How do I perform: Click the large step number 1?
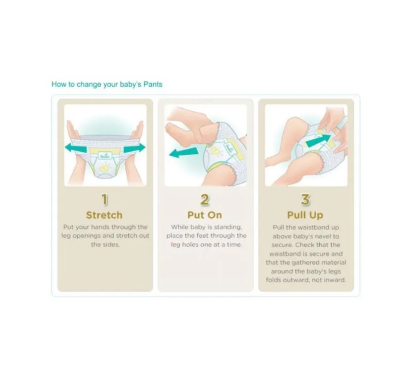pyautogui.click(x=105, y=199)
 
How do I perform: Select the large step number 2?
pyautogui.click(x=205, y=199)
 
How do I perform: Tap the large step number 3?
pyautogui.click(x=305, y=199)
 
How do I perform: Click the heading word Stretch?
pyautogui.click(x=104, y=215)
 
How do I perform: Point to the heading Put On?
pyautogui.click(x=205, y=215)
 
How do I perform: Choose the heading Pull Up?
pyautogui.click(x=305, y=215)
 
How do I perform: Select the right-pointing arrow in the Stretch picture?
pyautogui.click(x=134, y=148)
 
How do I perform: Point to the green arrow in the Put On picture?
pyautogui.click(x=184, y=153)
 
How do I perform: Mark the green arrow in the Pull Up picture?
pyautogui.click(x=318, y=141)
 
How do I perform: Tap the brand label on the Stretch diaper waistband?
pyautogui.click(x=105, y=156)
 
